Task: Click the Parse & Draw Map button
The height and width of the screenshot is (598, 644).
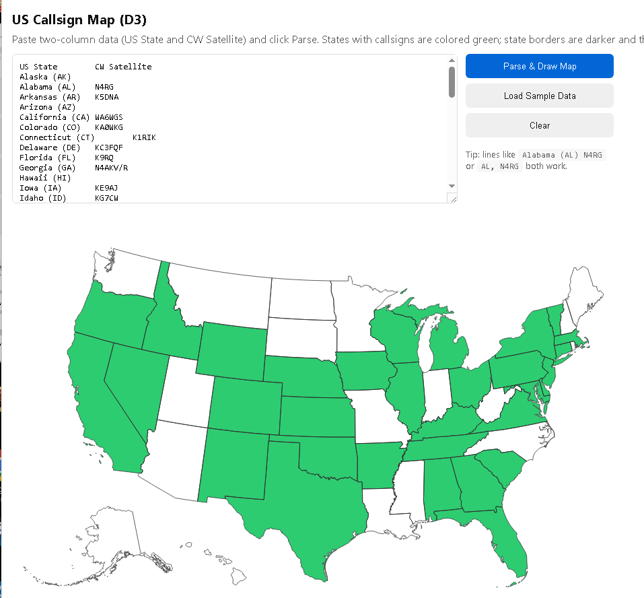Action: (x=539, y=66)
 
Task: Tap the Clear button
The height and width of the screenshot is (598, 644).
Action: (x=539, y=125)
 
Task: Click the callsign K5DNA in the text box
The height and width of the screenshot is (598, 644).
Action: (x=107, y=97)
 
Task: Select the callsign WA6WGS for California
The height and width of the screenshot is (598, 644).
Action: (x=109, y=117)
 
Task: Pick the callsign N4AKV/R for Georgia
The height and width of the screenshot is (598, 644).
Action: (x=112, y=168)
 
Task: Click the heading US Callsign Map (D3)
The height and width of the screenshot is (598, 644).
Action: (x=79, y=20)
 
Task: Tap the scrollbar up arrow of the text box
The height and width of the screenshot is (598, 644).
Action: (x=452, y=61)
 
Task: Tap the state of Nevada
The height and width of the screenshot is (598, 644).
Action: (x=135, y=384)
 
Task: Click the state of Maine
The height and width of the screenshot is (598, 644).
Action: (x=586, y=296)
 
